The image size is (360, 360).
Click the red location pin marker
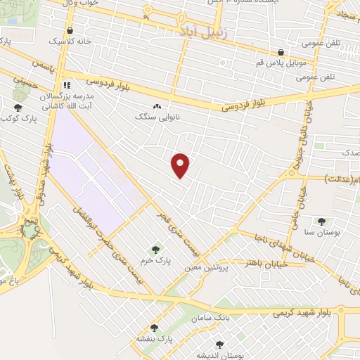pyautogui.click(x=181, y=165)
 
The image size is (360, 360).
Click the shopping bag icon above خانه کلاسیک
pyautogui.click(x=70, y=31)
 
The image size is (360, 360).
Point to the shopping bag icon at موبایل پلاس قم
pyautogui.click(x=281, y=52)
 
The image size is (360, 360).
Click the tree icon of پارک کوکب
pyautogui.click(x=18, y=108)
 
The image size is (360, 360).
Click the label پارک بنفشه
pyautogui.click(x=155, y=339)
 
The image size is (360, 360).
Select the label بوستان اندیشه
pyautogui.click(x=219, y=356)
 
